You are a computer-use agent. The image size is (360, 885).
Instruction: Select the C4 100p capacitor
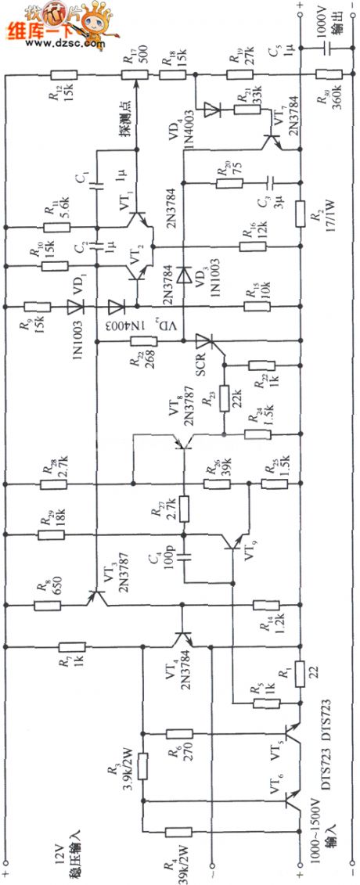click(185, 558)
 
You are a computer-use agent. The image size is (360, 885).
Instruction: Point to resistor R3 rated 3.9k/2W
click(142, 766)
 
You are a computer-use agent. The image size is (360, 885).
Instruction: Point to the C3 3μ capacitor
click(268, 183)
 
